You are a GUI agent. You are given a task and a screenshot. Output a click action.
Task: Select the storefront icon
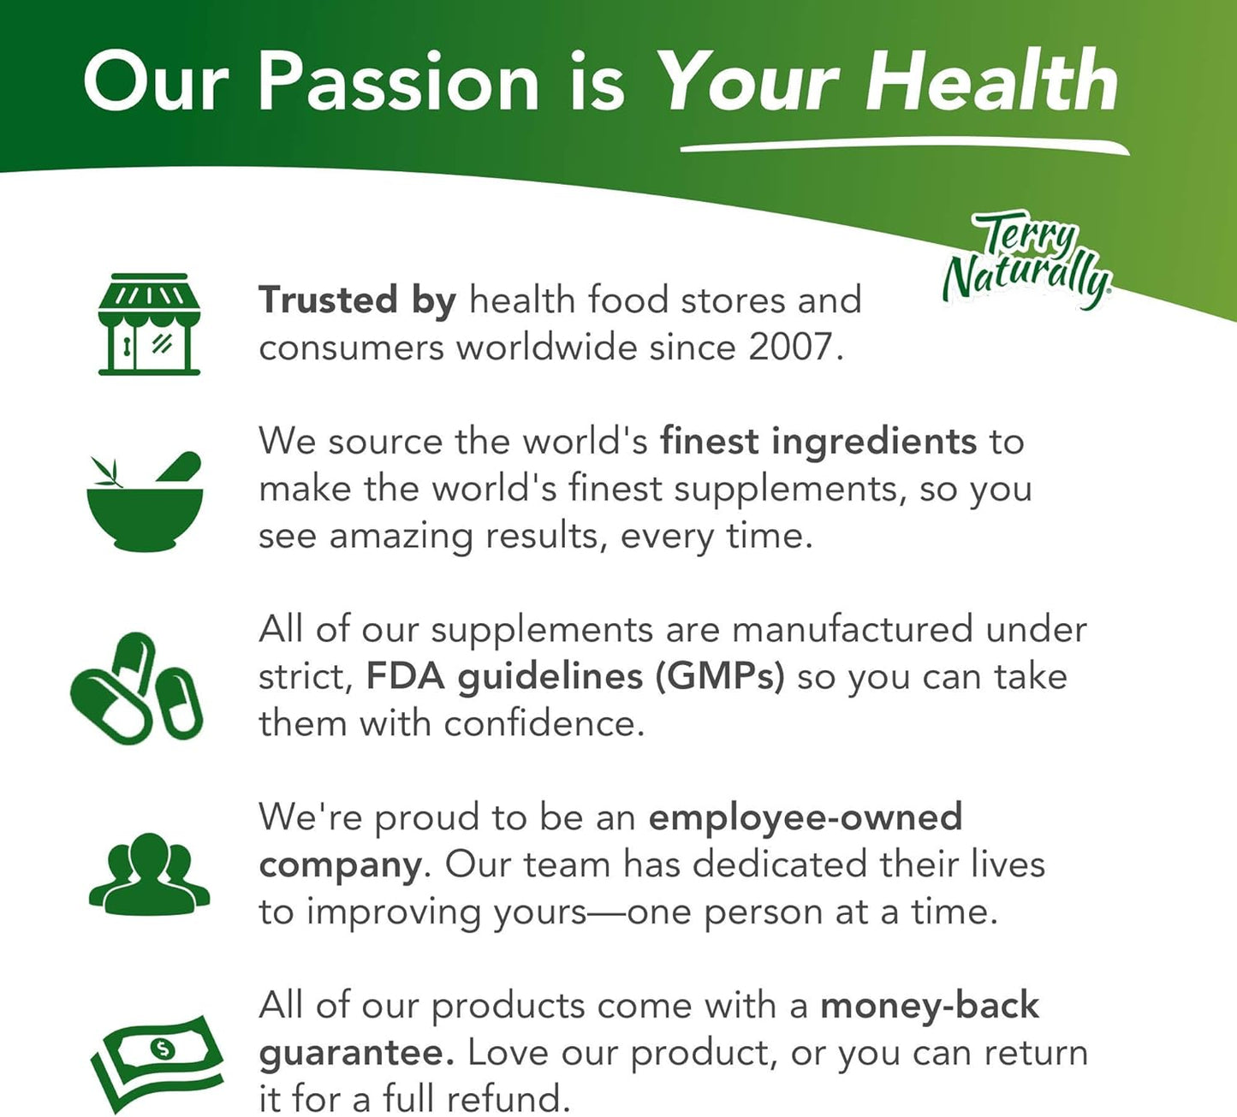point(149,324)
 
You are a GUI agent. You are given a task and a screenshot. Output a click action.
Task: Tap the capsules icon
point(137,687)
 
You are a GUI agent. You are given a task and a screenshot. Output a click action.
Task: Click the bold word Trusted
point(328,300)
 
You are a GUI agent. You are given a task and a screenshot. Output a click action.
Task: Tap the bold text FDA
point(405,676)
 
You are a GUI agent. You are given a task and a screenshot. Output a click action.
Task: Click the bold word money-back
point(930,1007)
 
